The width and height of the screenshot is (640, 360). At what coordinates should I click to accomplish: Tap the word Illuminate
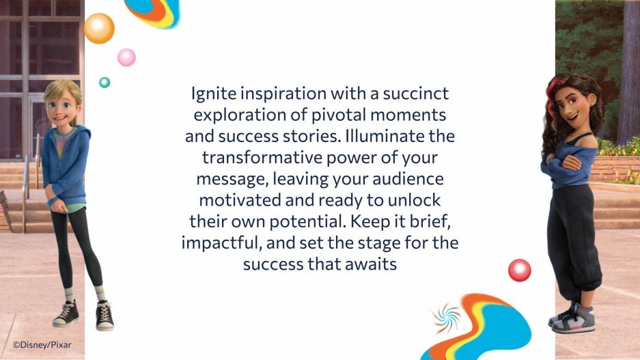point(401,135)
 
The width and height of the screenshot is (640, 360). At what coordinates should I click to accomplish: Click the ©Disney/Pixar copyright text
point(40,345)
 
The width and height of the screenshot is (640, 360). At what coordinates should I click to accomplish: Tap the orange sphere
point(99,28)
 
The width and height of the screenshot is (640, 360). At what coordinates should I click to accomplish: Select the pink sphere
point(126,57)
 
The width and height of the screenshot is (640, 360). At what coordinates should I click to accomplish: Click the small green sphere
point(105,83)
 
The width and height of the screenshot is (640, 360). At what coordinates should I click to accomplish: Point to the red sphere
point(519,271)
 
